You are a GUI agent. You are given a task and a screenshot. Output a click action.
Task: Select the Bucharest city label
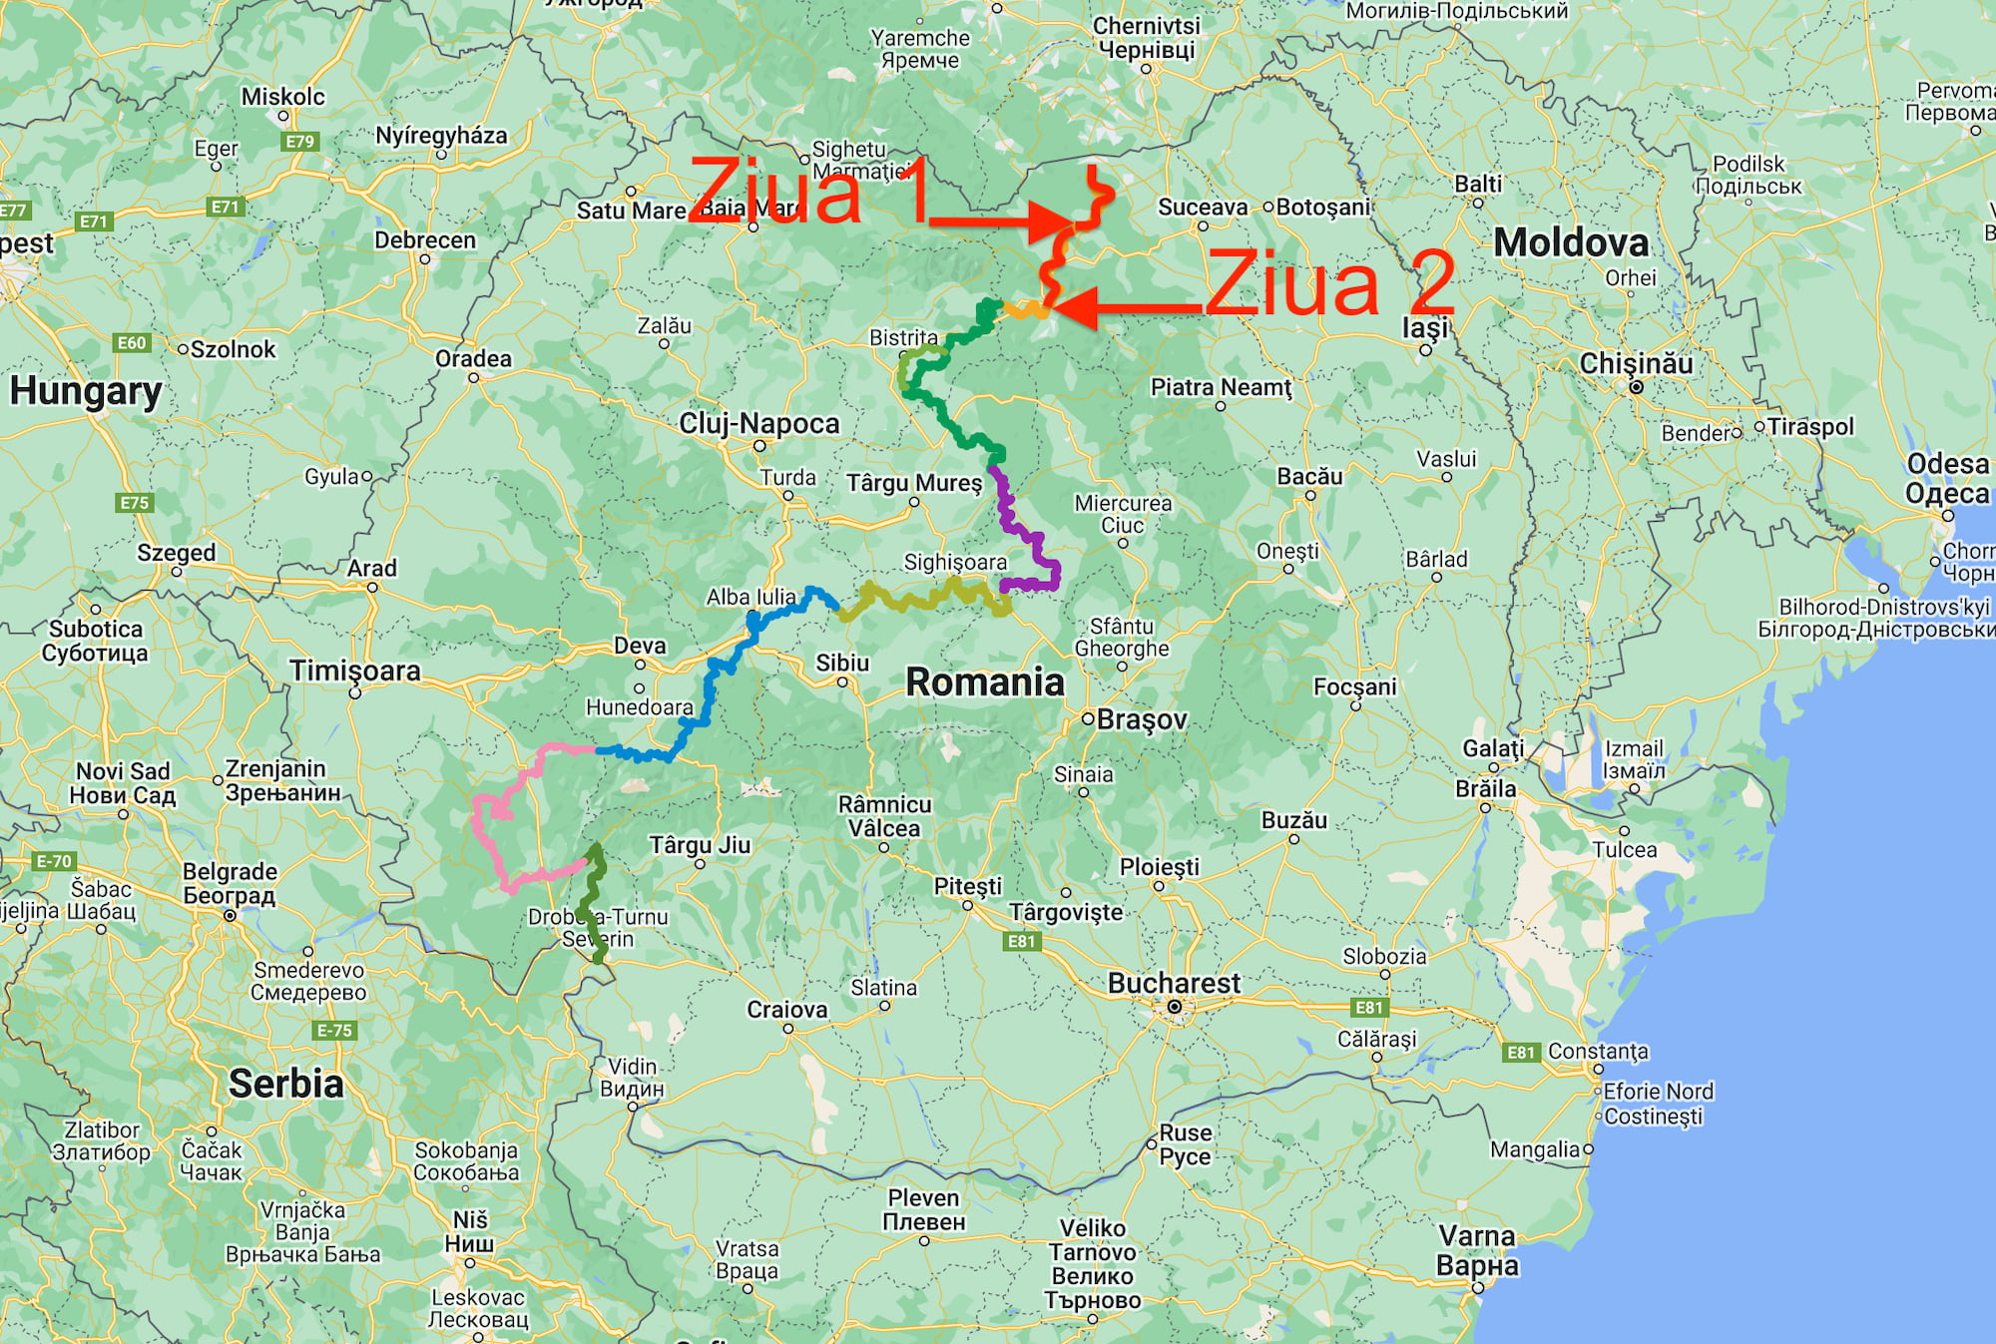tap(1174, 984)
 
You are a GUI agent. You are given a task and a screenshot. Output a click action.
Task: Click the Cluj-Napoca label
tap(759, 424)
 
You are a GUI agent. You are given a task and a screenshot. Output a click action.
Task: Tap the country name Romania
tap(984, 682)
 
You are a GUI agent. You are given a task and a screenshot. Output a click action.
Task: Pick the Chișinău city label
tap(1636, 364)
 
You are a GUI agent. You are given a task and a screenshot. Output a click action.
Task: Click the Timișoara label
tap(355, 671)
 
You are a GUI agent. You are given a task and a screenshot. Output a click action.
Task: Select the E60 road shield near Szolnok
tap(132, 343)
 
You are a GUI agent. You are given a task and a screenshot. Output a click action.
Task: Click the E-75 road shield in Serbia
tap(333, 1031)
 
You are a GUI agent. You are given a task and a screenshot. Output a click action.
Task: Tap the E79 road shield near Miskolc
tap(299, 142)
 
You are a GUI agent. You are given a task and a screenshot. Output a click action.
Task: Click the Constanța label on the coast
tap(1598, 1052)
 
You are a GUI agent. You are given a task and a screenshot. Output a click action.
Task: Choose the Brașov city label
tap(1142, 719)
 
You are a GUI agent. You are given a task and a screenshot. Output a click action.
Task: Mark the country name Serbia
tap(285, 1084)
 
